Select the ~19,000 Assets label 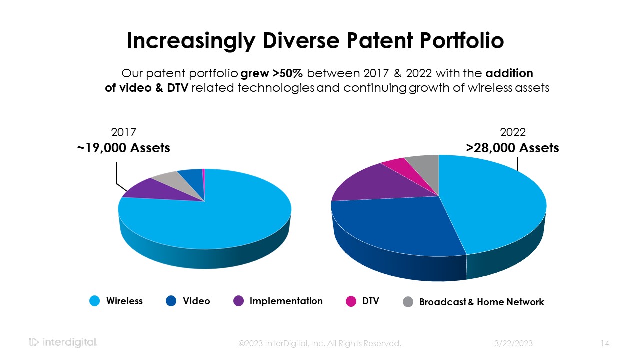[124, 148]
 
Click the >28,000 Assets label [512, 148]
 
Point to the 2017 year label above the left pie [124, 132]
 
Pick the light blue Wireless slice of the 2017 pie [215, 220]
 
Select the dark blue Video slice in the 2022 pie [395, 225]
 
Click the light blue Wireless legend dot [95, 301]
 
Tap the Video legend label [196, 301]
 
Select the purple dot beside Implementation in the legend [239, 301]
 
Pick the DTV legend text [370, 301]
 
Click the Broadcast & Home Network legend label [481, 302]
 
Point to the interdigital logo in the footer [63, 343]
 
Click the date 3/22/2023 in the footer [513, 344]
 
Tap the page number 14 [605, 344]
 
